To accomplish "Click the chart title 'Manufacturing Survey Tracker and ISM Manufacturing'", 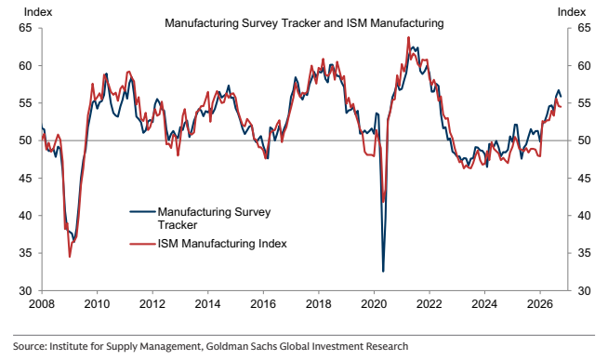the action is click(x=304, y=23).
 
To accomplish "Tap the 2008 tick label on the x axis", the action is click(x=42, y=304).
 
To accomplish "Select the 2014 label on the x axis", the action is click(x=207, y=304).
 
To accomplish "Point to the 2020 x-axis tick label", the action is click(x=374, y=304).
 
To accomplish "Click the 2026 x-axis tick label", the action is click(x=540, y=304).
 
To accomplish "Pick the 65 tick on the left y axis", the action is click(x=25, y=28).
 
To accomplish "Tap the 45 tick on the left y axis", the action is click(x=25, y=178).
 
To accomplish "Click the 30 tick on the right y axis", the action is click(x=584, y=290).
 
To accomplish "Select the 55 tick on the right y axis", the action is click(x=584, y=103).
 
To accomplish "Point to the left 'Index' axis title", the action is click(x=38, y=12).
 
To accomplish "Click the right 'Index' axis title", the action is click(x=572, y=12).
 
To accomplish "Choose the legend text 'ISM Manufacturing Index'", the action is click(x=222, y=244).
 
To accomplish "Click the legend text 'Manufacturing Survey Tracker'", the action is click(x=214, y=219).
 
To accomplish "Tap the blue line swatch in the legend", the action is click(x=142, y=212).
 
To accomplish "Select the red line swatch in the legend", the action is click(x=142, y=244).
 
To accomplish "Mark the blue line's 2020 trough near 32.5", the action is click(x=383, y=272).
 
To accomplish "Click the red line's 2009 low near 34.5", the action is click(x=70, y=257).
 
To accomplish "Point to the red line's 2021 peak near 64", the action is click(x=408, y=37).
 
